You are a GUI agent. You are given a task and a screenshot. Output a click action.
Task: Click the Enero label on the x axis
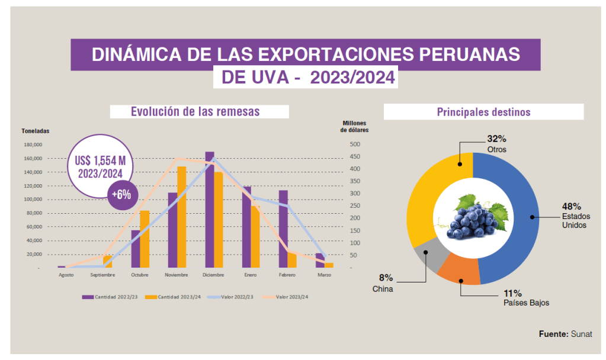(250, 275)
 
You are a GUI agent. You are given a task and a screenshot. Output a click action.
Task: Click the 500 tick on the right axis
(354, 144)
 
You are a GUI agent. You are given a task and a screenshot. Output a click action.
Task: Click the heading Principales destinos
(483, 111)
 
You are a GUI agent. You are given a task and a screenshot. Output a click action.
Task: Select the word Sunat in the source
(581, 334)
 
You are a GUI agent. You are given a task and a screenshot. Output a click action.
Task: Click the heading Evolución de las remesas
(195, 111)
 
